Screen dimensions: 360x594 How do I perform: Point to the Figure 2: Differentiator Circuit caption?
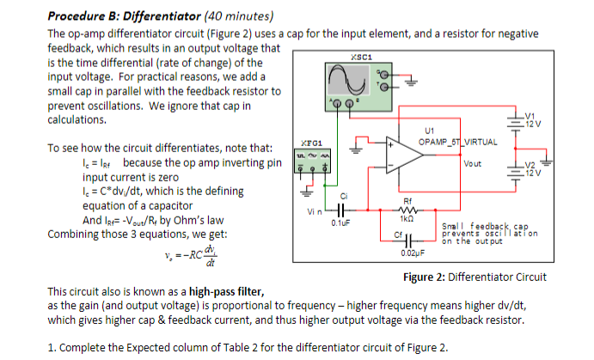pyautogui.click(x=475, y=277)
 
